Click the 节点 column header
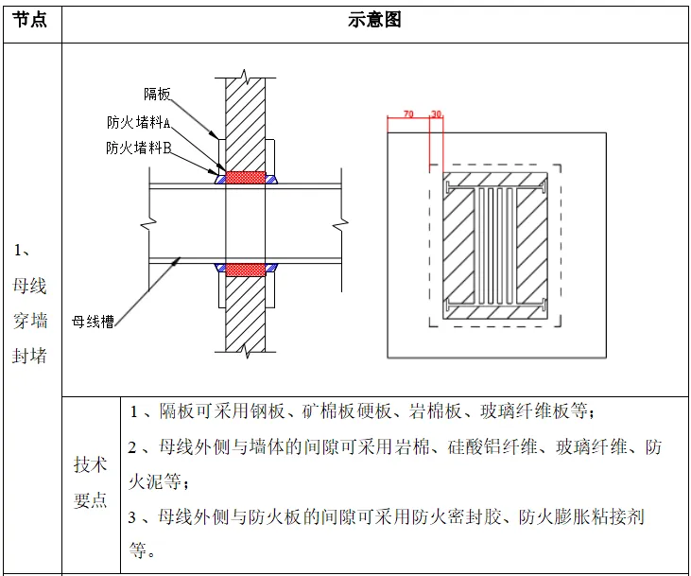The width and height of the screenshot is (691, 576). coord(31,20)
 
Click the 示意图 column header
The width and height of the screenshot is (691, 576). coord(374,20)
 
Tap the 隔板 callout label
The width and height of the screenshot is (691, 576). coord(157,94)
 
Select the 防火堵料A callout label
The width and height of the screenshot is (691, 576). coord(138,123)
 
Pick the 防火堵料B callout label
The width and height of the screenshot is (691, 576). coord(138,148)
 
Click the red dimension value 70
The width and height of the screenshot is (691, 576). coord(408,113)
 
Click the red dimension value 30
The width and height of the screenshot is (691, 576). coord(436,113)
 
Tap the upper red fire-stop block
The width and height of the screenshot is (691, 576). coord(246,177)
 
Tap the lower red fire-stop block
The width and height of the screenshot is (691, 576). coord(246,270)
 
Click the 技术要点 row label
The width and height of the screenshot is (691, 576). coord(91,482)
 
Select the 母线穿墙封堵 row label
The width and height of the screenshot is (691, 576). coord(31,303)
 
